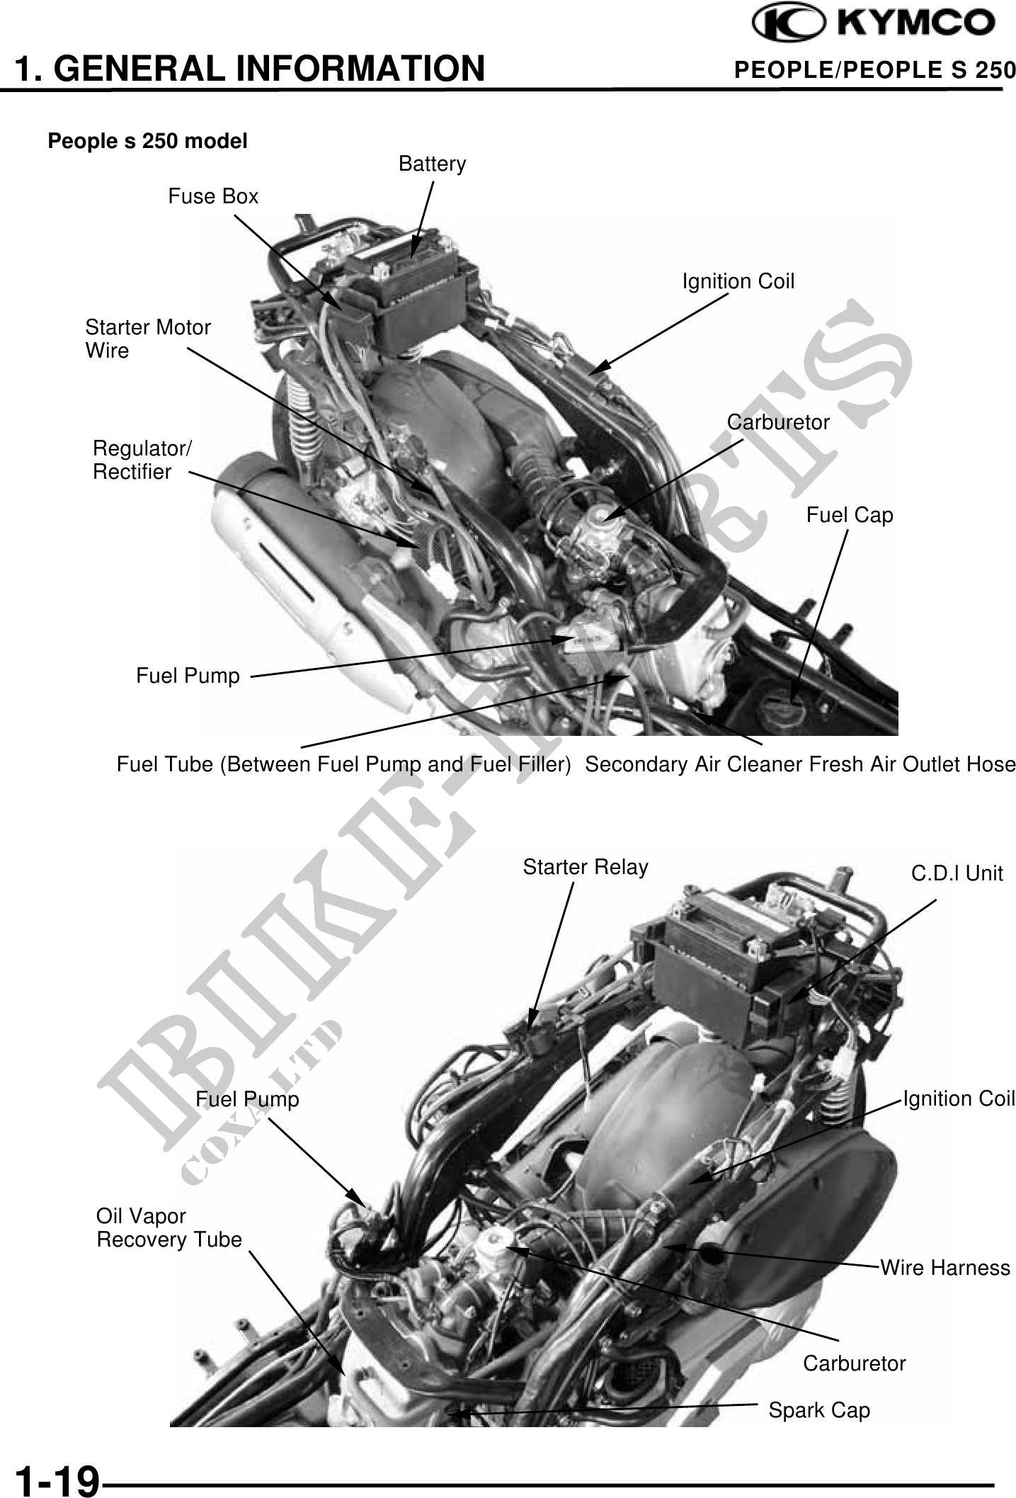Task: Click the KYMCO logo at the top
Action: click(x=874, y=23)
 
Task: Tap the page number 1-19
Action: click(x=57, y=1480)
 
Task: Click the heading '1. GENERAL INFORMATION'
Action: click(x=250, y=69)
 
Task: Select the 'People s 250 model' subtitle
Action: click(x=147, y=141)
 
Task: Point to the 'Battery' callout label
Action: click(x=433, y=164)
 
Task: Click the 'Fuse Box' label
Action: click(x=213, y=196)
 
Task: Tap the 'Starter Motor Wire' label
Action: click(x=148, y=339)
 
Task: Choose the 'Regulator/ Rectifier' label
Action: click(x=142, y=460)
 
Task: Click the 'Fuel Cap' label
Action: click(x=850, y=515)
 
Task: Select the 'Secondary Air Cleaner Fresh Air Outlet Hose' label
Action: click(x=800, y=765)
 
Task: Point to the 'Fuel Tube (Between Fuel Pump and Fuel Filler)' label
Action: click(x=343, y=765)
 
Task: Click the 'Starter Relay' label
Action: click(x=586, y=867)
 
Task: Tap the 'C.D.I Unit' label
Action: click(x=957, y=873)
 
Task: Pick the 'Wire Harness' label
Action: click(x=945, y=1267)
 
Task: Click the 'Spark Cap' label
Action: click(x=819, y=1410)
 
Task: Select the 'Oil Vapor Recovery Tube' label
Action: click(x=169, y=1227)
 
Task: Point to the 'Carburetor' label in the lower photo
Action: click(x=854, y=1363)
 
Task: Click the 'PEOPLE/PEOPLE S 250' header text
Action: click(x=875, y=70)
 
